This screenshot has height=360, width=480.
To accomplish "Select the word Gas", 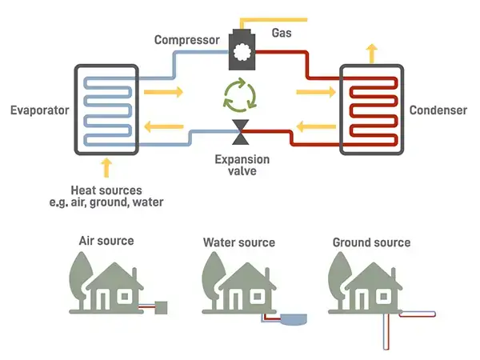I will tap(282, 34).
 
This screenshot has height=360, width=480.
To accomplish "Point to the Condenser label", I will tap(438, 110).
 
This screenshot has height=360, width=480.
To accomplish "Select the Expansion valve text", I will tap(242, 165).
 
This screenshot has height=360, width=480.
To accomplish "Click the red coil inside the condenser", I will tap(372, 110).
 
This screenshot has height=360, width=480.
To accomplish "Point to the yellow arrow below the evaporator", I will tap(106, 168).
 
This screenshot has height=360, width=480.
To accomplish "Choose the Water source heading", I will tap(238, 242).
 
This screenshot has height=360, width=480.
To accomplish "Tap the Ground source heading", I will tap(370, 242).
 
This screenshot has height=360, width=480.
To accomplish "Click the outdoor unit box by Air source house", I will tap(161, 306).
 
